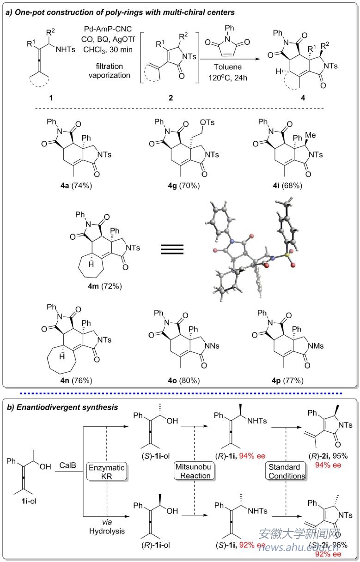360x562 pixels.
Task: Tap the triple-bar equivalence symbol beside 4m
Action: (x=172, y=249)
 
